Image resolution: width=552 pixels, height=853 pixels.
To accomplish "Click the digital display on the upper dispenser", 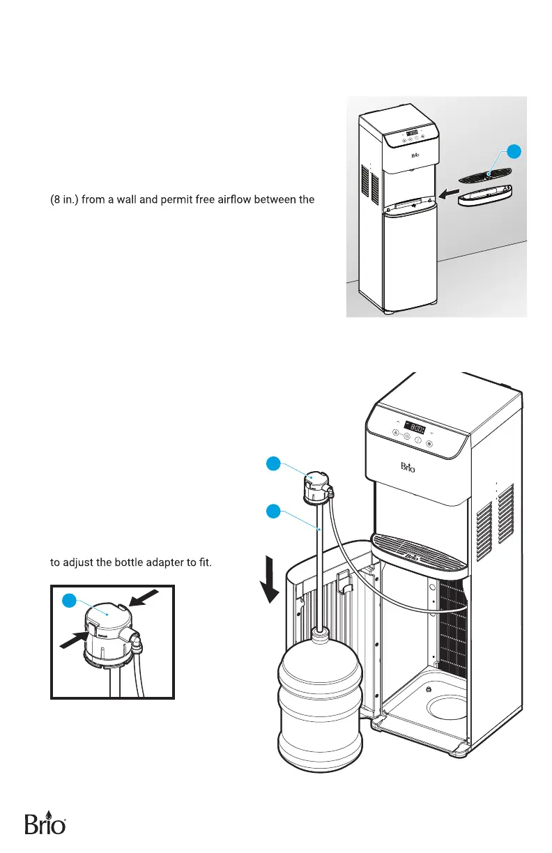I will pyautogui.click(x=413, y=132).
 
